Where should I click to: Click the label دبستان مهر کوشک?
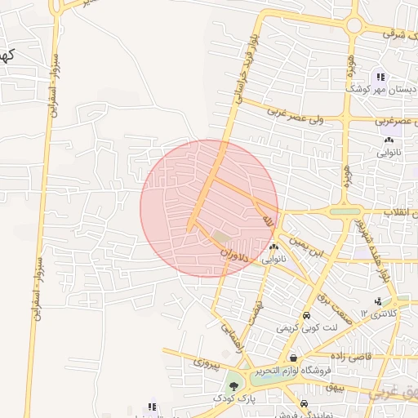click(x=383, y=89)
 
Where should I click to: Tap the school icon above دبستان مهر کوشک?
click(x=381, y=77)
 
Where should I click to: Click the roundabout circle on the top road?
click(x=354, y=25)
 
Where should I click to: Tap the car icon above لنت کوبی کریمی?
click(x=305, y=316)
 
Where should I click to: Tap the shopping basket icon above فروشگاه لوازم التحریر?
click(x=293, y=358)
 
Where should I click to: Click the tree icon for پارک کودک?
click(x=234, y=385)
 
